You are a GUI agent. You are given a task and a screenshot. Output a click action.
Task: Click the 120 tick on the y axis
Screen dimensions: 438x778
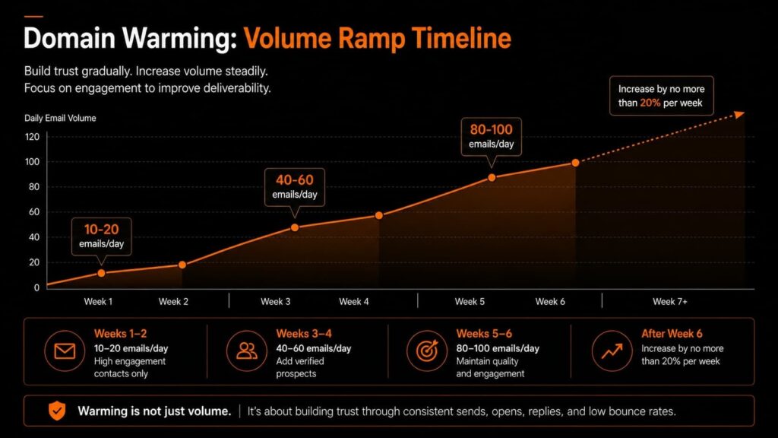point(32,137)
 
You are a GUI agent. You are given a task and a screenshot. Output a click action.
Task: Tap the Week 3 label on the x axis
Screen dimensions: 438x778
point(276,302)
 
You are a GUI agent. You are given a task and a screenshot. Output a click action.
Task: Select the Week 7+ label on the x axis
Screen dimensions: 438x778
point(670,302)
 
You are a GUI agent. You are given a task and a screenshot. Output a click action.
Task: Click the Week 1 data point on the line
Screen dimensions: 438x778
point(101,273)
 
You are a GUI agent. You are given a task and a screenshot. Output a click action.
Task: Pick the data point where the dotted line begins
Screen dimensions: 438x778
point(575,163)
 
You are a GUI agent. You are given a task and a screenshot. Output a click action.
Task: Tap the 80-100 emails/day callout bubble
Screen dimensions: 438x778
point(491,137)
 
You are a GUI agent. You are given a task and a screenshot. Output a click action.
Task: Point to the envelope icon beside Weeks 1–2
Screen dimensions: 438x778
point(65,351)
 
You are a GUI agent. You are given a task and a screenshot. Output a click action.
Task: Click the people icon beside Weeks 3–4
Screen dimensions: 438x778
point(246,351)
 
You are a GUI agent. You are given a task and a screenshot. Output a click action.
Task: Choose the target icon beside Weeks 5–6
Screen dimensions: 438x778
point(427,351)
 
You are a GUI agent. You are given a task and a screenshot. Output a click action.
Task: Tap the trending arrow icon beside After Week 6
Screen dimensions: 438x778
point(611,351)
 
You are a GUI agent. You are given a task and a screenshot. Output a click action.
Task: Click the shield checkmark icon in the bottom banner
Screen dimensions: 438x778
point(57,411)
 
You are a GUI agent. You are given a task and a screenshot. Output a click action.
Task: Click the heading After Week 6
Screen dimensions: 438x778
point(671,334)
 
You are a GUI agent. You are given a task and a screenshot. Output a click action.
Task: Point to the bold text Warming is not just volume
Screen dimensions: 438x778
point(154,411)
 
